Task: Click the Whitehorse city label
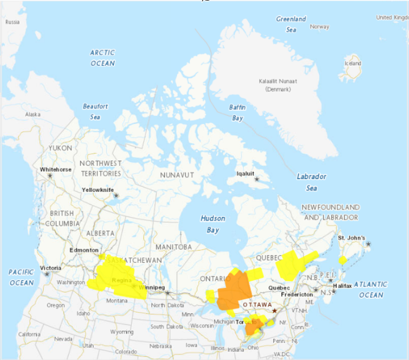coord(56,169)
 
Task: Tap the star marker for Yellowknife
coord(116,196)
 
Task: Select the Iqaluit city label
coord(246,173)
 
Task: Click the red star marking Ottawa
coord(274,311)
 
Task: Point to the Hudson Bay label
coord(213,224)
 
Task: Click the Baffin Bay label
coord(237,112)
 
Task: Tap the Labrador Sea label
coord(311,182)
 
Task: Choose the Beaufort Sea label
coord(95,111)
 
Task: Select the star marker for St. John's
coord(368,244)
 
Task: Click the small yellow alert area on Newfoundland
coord(343,259)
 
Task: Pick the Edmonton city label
coord(84,250)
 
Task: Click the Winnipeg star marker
coord(167,292)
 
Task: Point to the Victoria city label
coord(51,267)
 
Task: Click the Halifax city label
coord(343,286)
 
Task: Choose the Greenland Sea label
coord(291,24)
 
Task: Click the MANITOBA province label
coord(173,247)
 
